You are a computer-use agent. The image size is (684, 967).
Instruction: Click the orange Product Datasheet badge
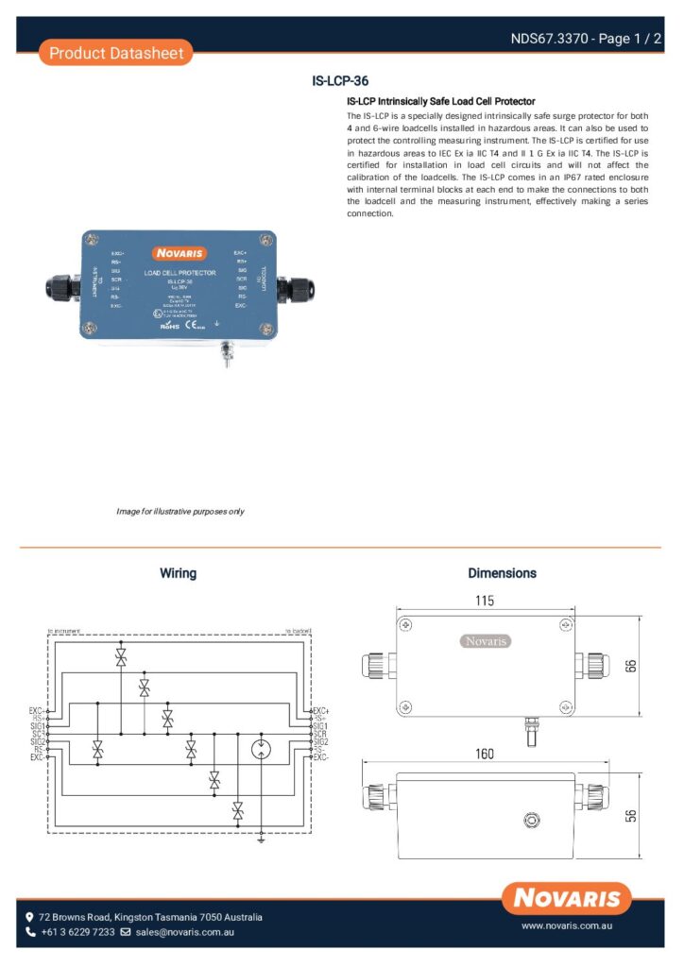pyautogui.click(x=115, y=53)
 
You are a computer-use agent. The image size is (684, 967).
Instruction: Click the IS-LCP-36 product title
pyautogui.click(x=340, y=81)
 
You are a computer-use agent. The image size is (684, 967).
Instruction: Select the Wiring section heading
pyautogui.click(x=178, y=573)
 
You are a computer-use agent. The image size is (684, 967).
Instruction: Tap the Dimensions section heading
pyautogui.click(x=502, y=573)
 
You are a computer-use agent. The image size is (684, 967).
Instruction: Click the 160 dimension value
pyautogui.click(x=486, y=755)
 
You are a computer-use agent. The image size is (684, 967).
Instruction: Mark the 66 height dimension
pyautogui.click(x=631, y=665)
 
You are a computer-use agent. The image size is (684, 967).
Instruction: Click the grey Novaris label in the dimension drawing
pyautogui.click(x=487, y=641)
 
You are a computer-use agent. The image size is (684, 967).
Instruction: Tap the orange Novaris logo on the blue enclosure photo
pyautogui.click(x=180, y=253)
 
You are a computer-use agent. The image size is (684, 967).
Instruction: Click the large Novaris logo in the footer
pyautogui.click(x=567, y=898)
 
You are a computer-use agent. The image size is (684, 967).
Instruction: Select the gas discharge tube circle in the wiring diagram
pyautogui.click(x=262, y=751)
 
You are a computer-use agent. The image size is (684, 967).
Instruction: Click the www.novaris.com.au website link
pyautogui.click(x=567, y=926)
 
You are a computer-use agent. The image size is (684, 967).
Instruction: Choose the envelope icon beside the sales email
pyautogui.click(x=126, y=932)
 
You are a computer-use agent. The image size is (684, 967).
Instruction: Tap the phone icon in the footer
pyautogui.click(x=30, y=932)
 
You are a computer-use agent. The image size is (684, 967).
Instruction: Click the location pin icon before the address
pyautogui.click(x=30, y=917)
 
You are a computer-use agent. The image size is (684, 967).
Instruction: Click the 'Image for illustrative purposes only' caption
pyautogui.click(x=180, y=511)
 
